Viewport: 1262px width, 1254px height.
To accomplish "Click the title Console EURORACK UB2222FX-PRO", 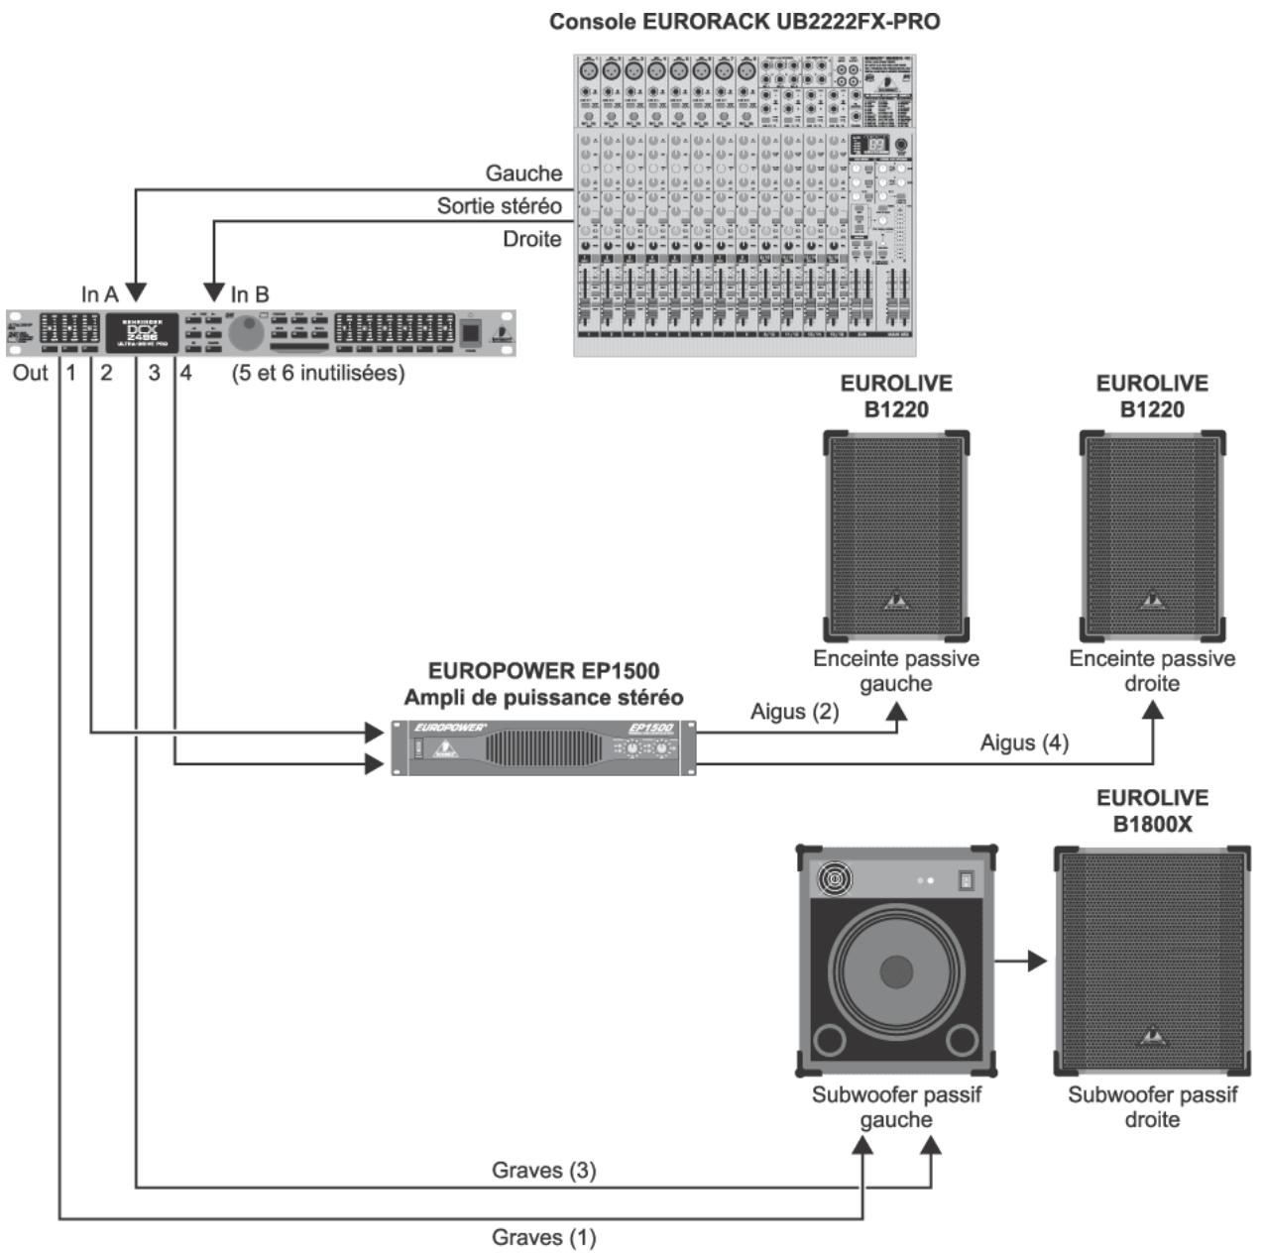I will (x=745, y=21).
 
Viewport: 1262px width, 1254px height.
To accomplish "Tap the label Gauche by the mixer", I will (x=522, y=173).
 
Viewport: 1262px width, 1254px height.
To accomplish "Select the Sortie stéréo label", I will (x=499, y=206).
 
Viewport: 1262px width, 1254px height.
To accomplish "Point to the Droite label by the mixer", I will (x=531, y=239).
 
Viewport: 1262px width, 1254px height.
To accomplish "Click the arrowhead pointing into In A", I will (x=136, y=293).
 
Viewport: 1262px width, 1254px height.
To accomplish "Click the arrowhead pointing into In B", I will (x=214, y=293).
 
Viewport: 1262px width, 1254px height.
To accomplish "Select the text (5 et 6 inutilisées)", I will (x=318, y=374).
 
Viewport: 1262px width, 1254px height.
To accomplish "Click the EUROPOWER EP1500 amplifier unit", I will (x=543, y=747).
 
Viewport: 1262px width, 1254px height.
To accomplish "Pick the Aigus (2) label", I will (x=794, y=712).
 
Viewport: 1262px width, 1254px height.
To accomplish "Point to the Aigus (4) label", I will (x=1024, y=742).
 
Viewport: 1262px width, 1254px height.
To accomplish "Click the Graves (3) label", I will (x=543, y=1171).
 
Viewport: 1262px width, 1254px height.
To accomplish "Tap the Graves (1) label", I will (x=543, y=1237).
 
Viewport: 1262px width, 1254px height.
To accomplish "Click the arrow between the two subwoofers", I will (x=1021, y=961).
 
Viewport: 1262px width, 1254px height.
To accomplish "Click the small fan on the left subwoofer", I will (x=832, y=878).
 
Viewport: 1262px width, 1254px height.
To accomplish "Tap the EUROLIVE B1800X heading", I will (x=1152, y=811).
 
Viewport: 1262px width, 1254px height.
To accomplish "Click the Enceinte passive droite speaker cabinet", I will (x=1152, y=535).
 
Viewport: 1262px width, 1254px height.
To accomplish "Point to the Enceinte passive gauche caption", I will (x=895, y=671).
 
